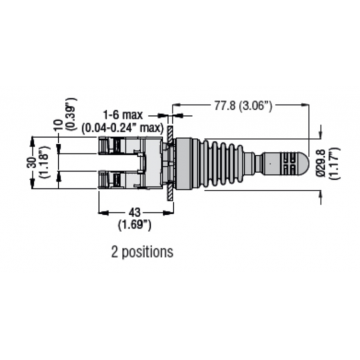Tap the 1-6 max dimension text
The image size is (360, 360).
(x=123, y=115)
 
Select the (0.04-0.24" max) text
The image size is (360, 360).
(x=123, y=127)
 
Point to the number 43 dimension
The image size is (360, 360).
(x=135, y=212)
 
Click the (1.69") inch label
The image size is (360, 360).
(x=135, y=225)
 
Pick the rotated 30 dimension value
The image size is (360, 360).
(x=33, y=163)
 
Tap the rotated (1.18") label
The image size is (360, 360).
(x=44, y=163)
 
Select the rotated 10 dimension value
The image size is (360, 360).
(x=59, y=125)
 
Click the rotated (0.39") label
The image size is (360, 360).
(x=71, y=113)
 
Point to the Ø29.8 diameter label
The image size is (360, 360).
(x=321, y=163)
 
